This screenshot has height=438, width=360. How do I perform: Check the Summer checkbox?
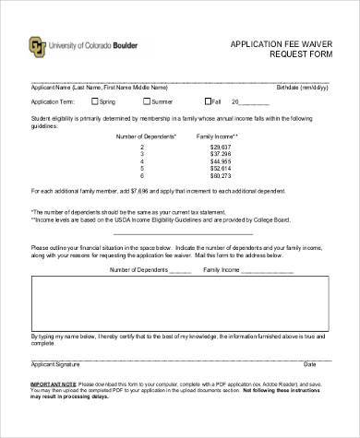144,101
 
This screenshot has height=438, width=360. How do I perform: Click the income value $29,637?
220,147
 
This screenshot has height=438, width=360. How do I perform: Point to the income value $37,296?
220,154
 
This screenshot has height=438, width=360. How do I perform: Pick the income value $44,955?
220,161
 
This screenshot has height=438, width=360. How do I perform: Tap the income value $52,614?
220,169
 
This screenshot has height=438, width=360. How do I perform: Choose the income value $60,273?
220,176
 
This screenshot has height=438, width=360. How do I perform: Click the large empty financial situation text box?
180,309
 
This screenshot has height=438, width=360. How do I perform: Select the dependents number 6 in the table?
142,176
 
